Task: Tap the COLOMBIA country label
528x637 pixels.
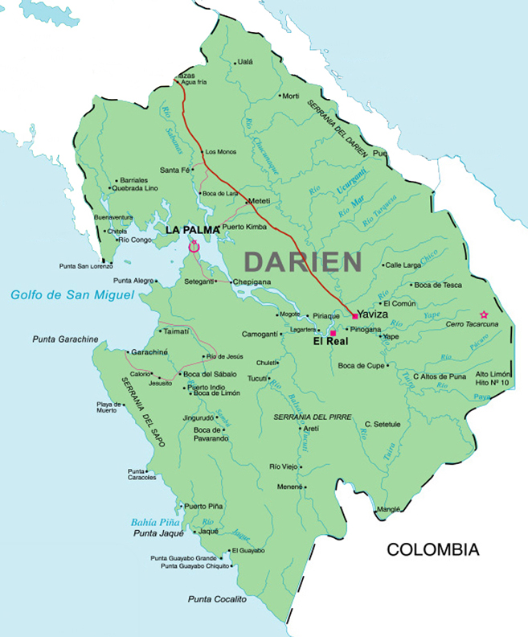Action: (433, 550)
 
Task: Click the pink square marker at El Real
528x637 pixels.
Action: (333, 333)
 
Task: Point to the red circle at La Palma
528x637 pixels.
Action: (193, 247)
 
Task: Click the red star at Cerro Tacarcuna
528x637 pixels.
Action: (483, 314)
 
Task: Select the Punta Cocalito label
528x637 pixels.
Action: (217, 599)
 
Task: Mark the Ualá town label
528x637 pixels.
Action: (245, 62)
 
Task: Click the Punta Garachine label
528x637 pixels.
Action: (66, 339)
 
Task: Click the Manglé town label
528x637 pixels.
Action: (388, 509)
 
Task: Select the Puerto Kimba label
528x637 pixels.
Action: (244, 228)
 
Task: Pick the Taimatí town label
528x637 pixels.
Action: (176, 331)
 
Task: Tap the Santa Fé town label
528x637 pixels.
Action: (175, 170)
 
